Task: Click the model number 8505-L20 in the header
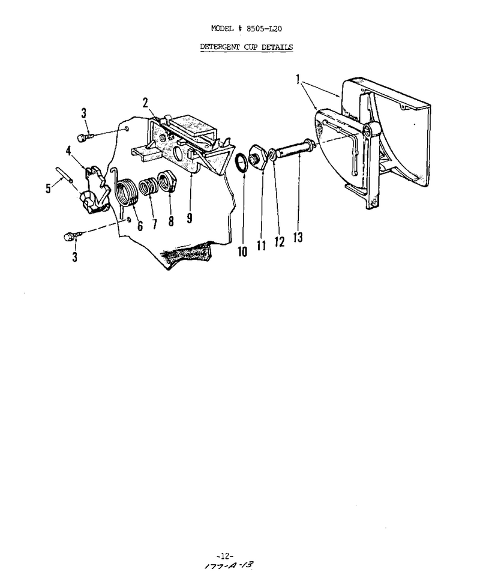[x=264, y=28]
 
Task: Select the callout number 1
[x=298, y=79]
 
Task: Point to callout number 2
[x=145, y=103]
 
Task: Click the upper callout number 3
[x=84, y=113]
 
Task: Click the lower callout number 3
[x=74, y=257]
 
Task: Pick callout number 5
[x=48, y=188]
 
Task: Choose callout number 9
[x=190, y=218]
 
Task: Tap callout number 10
[x=242, y=251]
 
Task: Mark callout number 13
[x=298, y=238]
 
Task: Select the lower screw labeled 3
[x=71, y=236]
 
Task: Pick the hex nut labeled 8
[x=167, y=181]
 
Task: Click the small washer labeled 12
[x=272, y=155]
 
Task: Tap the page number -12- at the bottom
[x=224, y=556]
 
